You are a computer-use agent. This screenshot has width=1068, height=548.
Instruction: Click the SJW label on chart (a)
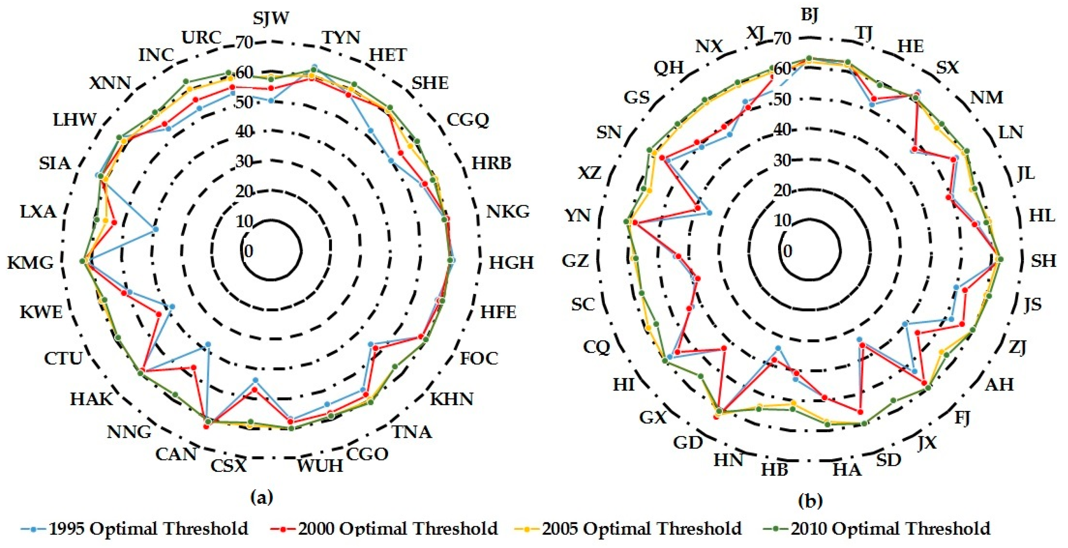(x=271, y=19)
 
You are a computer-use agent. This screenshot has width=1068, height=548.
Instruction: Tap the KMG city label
(x=31, y=262)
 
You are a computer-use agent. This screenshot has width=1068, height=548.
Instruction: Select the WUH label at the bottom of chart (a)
(x=319, y=466)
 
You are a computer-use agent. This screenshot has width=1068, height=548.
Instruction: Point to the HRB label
(x=491, y=163)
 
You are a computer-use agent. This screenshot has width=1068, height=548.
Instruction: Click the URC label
(x=202, y=38)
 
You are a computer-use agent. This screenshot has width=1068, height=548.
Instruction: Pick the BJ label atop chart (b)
(x=809, y=15)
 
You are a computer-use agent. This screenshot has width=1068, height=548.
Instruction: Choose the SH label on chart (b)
(x=1043, y=261)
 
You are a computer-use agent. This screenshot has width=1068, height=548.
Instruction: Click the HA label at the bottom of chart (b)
(x=847, y=470)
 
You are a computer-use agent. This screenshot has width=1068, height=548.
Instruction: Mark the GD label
(x=688, y=442)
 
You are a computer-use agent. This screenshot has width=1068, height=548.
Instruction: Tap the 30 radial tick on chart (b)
(x=782, y=160)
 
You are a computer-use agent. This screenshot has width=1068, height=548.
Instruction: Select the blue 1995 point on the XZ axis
(x=709, y=213)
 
